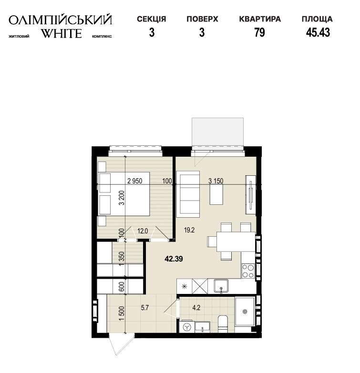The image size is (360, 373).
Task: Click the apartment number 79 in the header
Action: click(259, 32)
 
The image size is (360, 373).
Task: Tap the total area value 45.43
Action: click(318, 32)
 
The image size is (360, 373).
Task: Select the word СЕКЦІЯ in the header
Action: click(152, 19)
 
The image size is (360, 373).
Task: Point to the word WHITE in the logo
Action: click(62, 33)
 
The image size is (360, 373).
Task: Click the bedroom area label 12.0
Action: click(143, 231)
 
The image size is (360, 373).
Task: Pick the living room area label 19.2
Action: click(189, 230)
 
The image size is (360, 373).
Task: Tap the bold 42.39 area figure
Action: click(174, 259)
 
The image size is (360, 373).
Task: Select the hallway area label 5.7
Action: click(145, 308)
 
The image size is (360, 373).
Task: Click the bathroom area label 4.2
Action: click(196, 308)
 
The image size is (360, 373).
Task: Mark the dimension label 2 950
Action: click(135, 181)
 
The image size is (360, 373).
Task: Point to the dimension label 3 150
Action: click(216, 181)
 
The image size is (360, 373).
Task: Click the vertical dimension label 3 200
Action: click(122, 198)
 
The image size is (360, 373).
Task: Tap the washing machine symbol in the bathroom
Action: click(187, 327)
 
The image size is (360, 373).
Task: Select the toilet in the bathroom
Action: click(223, 324)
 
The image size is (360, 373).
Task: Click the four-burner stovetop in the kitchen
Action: click(248, 271)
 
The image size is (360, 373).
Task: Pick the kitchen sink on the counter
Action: click(221, 286)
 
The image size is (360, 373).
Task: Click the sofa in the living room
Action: click(188, 194)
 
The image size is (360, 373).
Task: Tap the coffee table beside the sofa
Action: click(216, 194)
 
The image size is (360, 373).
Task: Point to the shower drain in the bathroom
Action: click(245, 312)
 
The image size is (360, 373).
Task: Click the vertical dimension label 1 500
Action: click(122, 313)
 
